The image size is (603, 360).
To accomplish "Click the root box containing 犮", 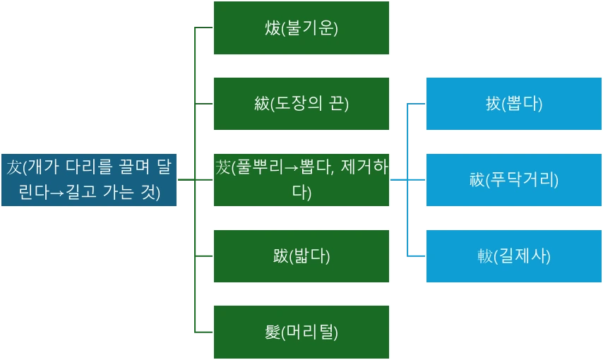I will tap(89, 180).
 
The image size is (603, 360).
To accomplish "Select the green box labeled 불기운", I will tap(301, 28).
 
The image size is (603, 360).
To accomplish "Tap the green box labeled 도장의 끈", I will tap(301, 104).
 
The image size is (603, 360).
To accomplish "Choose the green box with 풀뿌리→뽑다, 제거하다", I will tap(301, 180).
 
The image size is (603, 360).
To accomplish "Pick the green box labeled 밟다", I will tap(301, 256).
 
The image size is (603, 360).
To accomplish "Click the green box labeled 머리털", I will tap(301, 332).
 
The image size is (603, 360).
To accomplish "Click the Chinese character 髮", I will tap(273, 332).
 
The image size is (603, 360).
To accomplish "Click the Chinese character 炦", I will tap(273, 28).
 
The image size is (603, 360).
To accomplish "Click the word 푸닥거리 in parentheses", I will tap(522, 180).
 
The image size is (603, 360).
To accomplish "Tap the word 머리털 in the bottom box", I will tap(309, 332).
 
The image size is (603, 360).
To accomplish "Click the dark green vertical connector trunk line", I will tap(194, 141).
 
